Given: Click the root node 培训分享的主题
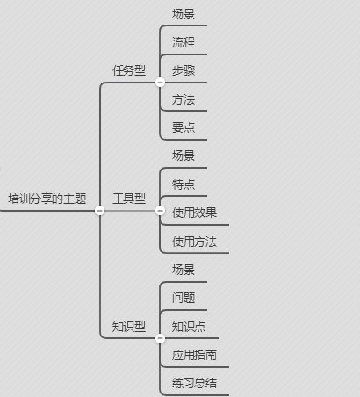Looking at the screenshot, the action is pyautogui.click(x=47, y=198).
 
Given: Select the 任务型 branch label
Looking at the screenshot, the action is pyautogui.click(x=129, y=70).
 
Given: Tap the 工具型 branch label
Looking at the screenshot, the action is pyautogui.click(x=129, y=198).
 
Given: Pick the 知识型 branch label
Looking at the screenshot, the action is pyautogui.click(x=129, y=327).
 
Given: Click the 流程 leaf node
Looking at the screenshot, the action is pyautogui.click(x=184, y=42).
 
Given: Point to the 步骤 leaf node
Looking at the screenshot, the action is pyautogui.click(x=184, y=70).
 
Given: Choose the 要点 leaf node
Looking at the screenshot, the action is pyautogui.click(x=184, y=127).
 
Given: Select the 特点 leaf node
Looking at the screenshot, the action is pyautogui.click(x=184, y=184).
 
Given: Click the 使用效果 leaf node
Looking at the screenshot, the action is pyautogui.click(x=195, y=213).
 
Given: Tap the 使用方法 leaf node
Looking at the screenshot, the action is pyautogui.click(x=195, y=242).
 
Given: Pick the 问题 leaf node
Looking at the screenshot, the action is pyautogui.click(x=184, y=298).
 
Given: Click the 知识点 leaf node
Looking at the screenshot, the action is pyautogui.click(x=189, y=327).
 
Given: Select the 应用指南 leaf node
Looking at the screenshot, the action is pyautogui.click(x=195, y=355).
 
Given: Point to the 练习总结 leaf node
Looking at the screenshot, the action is pyautogui.click(x=195, y=383).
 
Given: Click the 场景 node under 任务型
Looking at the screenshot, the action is pyautogui.click(x=184, y=14).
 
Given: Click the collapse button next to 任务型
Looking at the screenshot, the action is pyautogui.click(x=160, y=83).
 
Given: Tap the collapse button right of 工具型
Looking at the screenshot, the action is pyautogui.click(x=160, y=210).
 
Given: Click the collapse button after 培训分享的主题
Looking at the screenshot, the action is pyautogui.click(x=100, y=210).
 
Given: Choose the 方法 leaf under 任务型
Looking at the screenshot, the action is pyautogui.click(x=184, y=99).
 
